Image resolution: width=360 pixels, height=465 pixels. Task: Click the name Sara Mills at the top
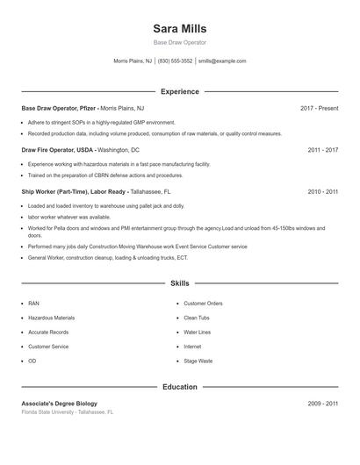coord(179,28)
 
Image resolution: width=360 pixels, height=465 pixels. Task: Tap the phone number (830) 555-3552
coord(176,61)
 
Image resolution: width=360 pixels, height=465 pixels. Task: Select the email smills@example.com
coord(222,61)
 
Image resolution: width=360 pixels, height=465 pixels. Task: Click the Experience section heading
coord(179,91)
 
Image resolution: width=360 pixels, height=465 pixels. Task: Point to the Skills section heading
coord(179,283)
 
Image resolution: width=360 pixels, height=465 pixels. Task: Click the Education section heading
coord(179,387)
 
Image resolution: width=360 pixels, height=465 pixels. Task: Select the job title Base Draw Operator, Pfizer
coord(58,108)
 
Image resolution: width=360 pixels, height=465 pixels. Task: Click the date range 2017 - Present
coord(319,108)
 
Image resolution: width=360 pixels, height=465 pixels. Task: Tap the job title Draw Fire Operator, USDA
coord(56,150)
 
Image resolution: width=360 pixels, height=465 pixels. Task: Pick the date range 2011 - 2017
coord(322,150)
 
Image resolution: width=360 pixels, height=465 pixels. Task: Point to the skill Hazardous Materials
coord(51,318)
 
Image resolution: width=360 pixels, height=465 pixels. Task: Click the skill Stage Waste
coord(198,361)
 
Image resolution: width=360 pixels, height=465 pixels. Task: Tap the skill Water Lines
coord(198,333)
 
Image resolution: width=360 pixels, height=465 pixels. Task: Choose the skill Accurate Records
coord(48,333)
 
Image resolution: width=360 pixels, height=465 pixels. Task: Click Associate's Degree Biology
coord(59,404)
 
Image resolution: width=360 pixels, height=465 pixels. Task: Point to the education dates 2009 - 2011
coord(322,404)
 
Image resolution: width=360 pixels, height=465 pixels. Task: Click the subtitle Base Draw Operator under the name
coord(179,42)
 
